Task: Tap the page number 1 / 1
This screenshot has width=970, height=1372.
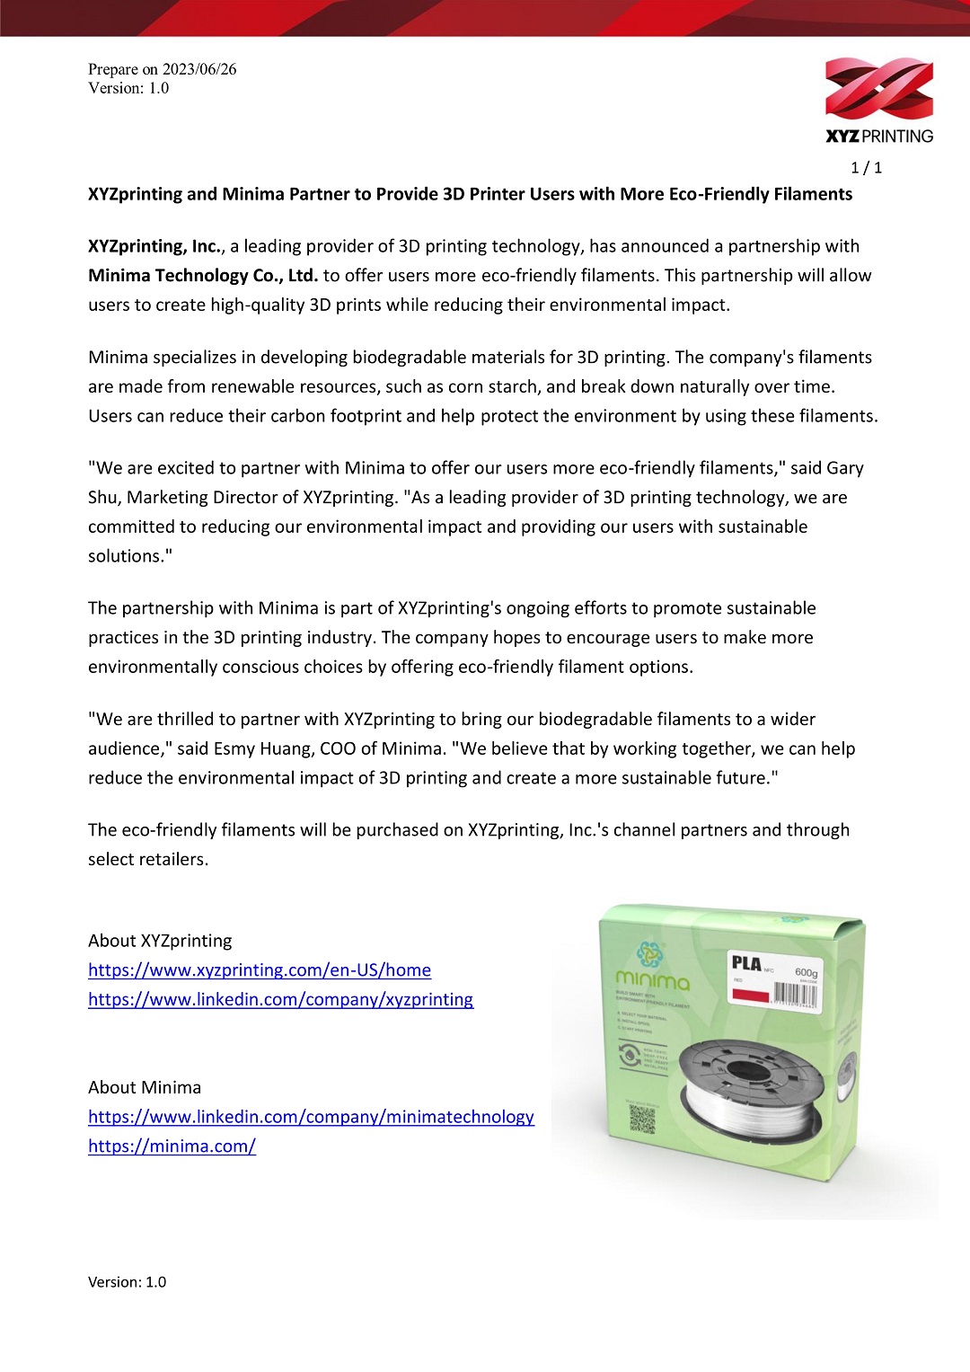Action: click(x=866, y=168)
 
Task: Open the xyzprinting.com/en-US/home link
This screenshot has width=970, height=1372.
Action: click(x=260, y=970)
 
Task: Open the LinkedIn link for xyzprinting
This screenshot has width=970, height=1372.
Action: click(x=280, y=1000)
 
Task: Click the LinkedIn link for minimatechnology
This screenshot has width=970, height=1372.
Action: click(x=311, y=1117)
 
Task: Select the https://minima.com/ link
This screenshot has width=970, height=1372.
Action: click(x=172, y=1146)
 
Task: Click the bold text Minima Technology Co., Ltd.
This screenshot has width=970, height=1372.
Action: click(x=203, y=276)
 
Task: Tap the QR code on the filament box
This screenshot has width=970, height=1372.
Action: click(x=642, y=1119)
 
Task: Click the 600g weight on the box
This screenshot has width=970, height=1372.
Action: click(x=806, y=972)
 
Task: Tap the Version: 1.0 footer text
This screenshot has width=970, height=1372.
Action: click(x=127, y=1282)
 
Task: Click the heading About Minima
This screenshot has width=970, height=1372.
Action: click(x=145, y=1087)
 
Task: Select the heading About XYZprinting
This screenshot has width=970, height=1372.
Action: click(x=160, y=941)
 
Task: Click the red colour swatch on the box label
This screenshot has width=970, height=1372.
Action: click(x=751, y=996)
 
